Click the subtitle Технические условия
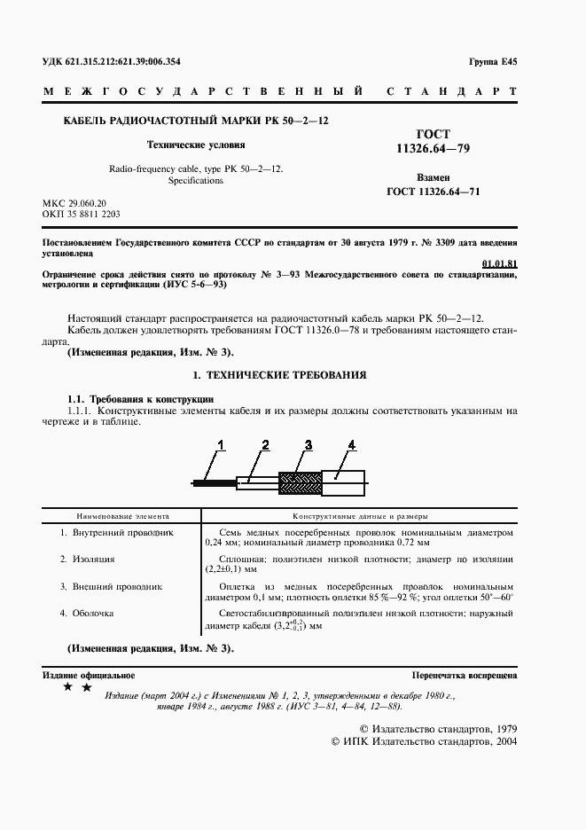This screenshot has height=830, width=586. tap(196, 143)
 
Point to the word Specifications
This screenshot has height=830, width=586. tap(196, 180)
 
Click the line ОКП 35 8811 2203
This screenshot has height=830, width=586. tap(82, 215)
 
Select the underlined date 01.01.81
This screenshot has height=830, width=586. tap(499, 263)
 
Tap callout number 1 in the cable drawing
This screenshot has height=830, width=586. tap(223, 444)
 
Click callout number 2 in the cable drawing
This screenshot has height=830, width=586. tap(265, 444)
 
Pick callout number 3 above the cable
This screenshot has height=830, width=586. tap(308, 444)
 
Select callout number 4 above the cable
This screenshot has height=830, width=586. tap(351, 444)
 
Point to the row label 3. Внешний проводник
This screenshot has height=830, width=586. tap(111, 586)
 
